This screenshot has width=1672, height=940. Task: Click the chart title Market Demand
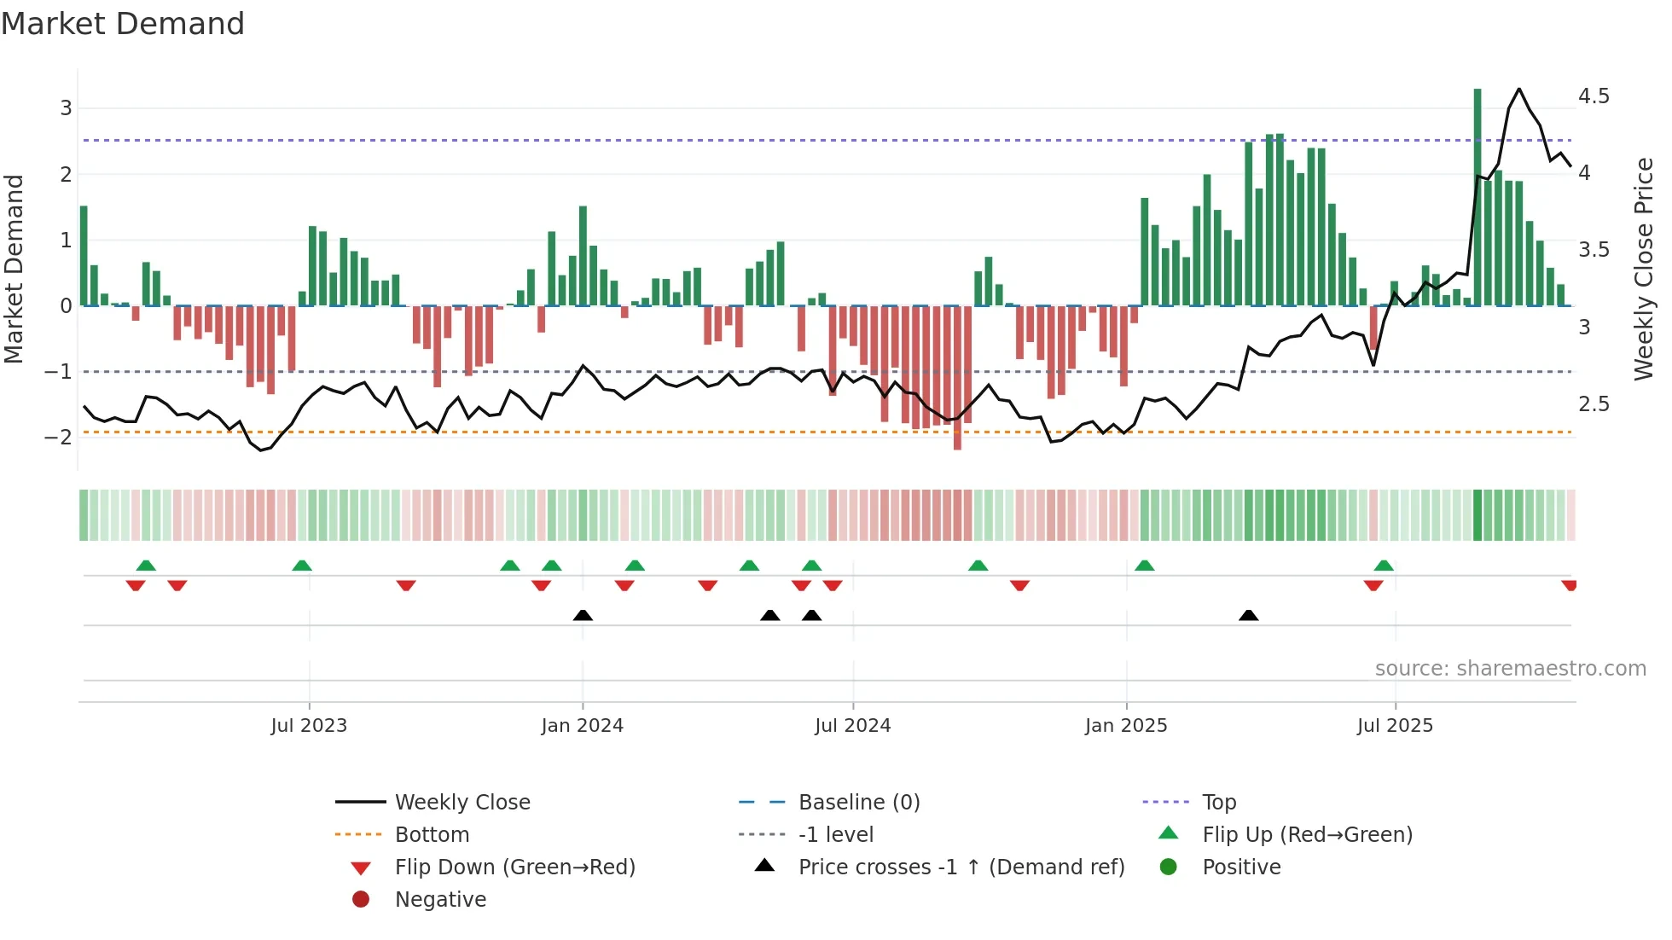(123, 24)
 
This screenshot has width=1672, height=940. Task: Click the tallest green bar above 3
(1478, 196)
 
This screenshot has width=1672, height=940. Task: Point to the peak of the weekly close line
(1518, 89)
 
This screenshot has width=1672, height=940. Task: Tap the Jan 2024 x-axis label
(582, 726)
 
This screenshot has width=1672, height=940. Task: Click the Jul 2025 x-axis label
(1395, 726)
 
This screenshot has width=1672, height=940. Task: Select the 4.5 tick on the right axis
(1594, 96)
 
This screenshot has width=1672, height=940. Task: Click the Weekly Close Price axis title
(1643, 269)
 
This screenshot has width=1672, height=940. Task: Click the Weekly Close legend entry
(462, 803)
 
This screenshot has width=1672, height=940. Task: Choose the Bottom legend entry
(432, 835)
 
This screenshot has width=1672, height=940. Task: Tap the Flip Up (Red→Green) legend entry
(1307, 835)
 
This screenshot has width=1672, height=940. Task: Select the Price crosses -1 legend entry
(961, 867)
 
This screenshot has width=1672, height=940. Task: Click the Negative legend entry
(440, 900)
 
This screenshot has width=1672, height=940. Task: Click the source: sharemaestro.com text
(1510, 669)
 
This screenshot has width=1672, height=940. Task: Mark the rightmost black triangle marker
(1248, 615)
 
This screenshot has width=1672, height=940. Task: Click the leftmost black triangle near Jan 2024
(583, 615)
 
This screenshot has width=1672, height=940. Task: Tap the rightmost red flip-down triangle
(1569, 585)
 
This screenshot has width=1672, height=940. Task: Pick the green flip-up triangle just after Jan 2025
(1145, 566)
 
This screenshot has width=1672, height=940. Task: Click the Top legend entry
(1219, 803)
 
